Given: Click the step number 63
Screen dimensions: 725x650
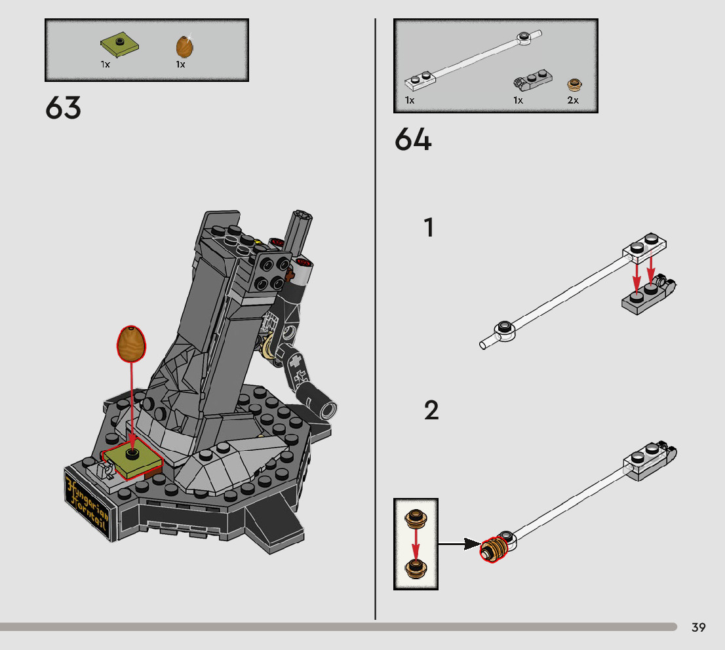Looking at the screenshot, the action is (x=64, y=108).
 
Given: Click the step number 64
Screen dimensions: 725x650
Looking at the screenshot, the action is (x=413, y=140).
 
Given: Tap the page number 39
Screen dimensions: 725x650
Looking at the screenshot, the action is (x=698, y=628).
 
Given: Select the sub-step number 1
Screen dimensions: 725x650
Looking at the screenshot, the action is (x=429, y=228).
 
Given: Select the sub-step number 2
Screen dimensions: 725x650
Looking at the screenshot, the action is (x=431, y=411).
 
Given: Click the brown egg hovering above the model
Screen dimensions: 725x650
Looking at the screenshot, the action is (x=132, y=343).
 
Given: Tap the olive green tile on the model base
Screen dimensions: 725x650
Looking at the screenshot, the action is (x=132, y=460).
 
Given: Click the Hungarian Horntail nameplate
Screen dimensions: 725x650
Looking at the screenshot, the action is (x=87, y=501).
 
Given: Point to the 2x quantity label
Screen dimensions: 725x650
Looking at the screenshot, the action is (x=573, y=100).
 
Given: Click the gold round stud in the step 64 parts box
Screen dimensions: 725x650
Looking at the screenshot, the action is (x=574, y=84).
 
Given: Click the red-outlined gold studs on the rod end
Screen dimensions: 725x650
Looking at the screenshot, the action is (x=495, y=548).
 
